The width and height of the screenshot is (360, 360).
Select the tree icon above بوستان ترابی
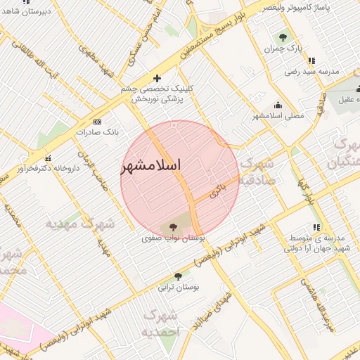178,277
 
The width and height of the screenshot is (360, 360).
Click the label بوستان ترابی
177,288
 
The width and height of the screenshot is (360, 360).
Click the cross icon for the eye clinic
156,78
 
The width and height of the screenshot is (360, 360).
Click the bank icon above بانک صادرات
96,120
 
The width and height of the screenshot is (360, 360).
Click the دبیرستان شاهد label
25,13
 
